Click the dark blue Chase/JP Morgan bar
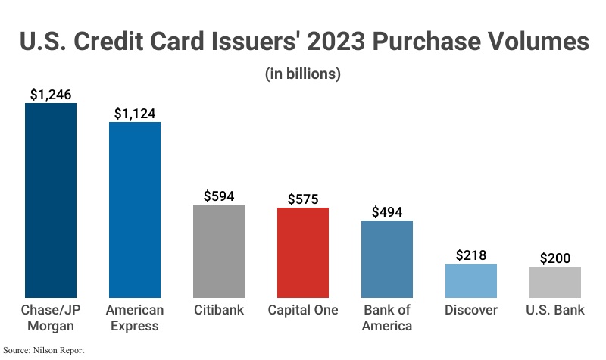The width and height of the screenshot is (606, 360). click(x=51, y=200)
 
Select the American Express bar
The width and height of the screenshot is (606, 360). click(x=135, y=209)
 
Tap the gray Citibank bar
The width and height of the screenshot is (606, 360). click(x=219, y=251)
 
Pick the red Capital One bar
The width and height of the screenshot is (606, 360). click(x=303, y=252)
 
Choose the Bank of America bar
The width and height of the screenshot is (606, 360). click(x=387, y=259)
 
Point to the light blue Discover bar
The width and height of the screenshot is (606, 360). click(x=471, y=280)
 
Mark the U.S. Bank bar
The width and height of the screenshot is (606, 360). click(x=555, y=282)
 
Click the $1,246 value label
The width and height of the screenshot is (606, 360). click(x=51, y=94)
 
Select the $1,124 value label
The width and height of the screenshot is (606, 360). click(x=135, y=113)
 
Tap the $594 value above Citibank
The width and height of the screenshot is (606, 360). click(x=219, y=196)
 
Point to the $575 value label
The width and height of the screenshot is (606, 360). click(x=303, y=199)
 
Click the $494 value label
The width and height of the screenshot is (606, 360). click(x=387, y=212)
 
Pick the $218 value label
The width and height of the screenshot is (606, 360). click(x=471, y=255)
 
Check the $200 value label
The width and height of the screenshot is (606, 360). click(x=555, y=258)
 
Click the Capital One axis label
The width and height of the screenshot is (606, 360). click(x=303, y=311)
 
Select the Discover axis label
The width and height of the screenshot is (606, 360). click(x=471, y=311)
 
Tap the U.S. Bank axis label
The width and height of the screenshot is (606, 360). click(x=555, y=311)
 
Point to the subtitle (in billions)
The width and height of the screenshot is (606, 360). click(x=303, y=74)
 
